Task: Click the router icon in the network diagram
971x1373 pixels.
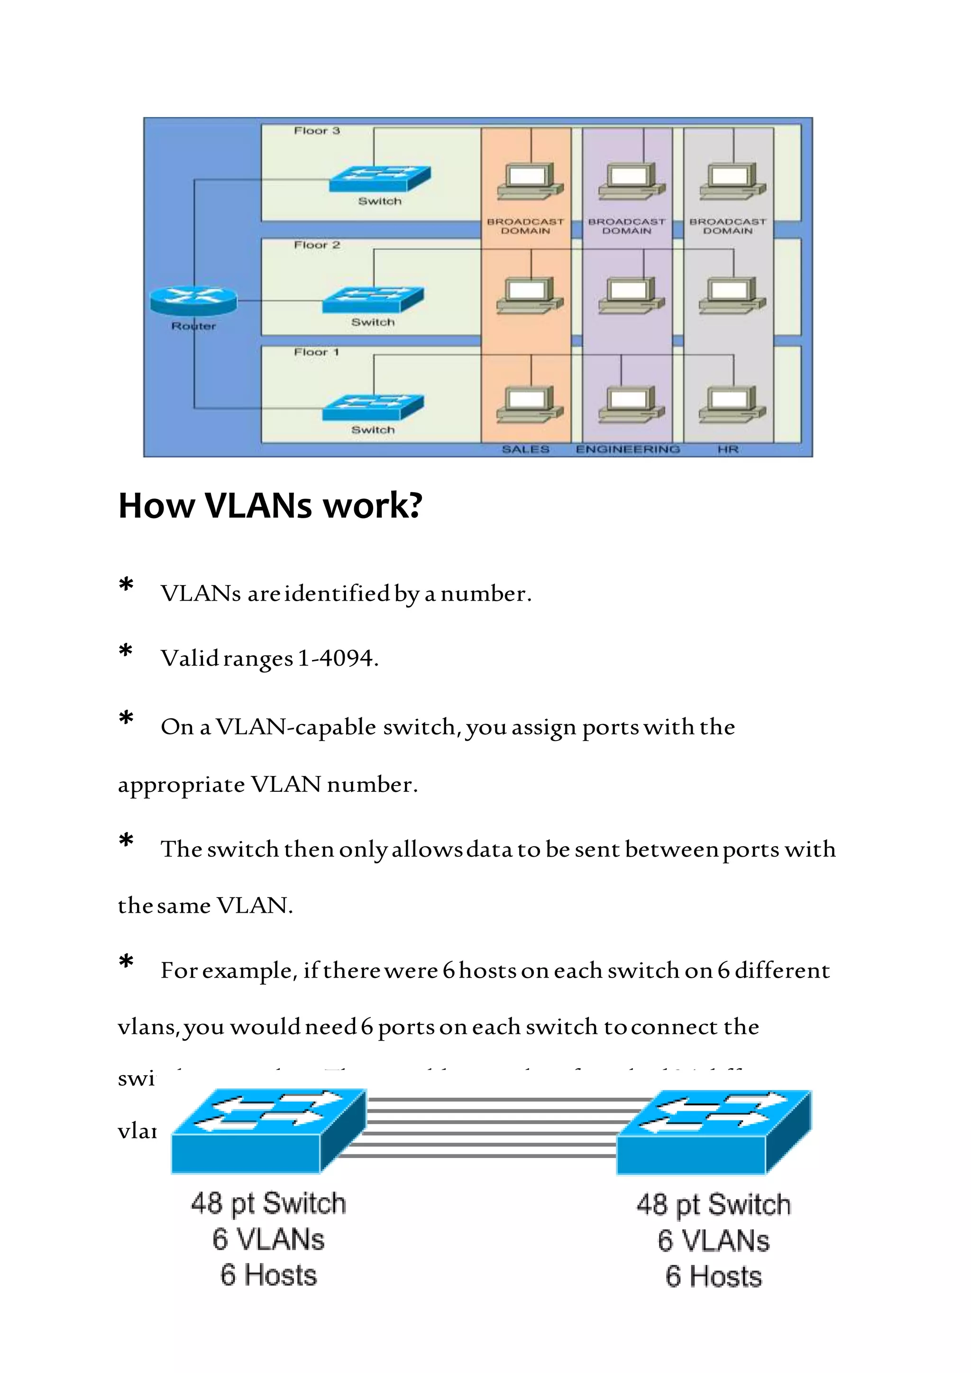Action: click(193, 300)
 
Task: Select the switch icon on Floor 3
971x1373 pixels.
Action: click(380, 179)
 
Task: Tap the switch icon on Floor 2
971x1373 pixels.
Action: click(373, 300)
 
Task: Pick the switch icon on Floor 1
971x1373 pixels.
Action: click(373, 408)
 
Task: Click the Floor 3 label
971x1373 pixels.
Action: click(316, 130)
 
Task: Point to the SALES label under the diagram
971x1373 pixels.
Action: click(525, 449)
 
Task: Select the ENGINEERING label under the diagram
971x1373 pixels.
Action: click(627, 449)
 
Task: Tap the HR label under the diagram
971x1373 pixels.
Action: click(728, 449)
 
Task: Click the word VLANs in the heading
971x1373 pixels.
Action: click(258, 505)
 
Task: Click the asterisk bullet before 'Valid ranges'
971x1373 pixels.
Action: click(126, 650)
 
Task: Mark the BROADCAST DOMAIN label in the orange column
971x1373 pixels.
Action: click(525, 226)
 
